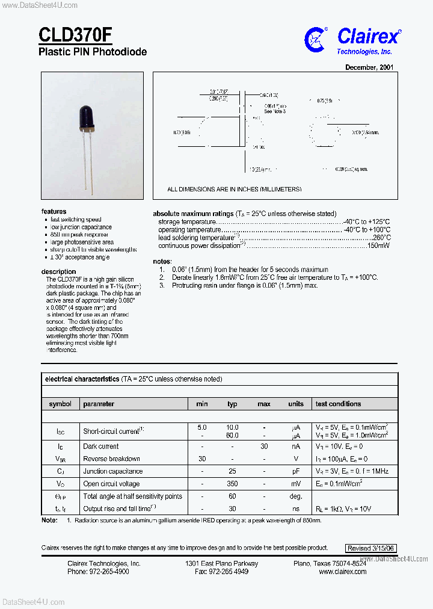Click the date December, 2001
[369, 67]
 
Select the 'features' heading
[54, 212]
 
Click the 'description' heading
[58, 271]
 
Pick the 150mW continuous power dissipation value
[378, 246]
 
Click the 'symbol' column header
[60, 404]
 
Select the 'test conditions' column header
[339, 404]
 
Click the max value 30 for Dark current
[263, 447]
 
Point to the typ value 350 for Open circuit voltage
[232, 484]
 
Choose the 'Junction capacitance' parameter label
[113, 471]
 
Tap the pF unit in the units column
[296, 471]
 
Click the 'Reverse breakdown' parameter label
[112, 459]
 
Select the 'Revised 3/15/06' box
[371, 548]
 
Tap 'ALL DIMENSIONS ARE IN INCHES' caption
[235, 189]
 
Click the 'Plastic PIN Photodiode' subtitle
[93, 52]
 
